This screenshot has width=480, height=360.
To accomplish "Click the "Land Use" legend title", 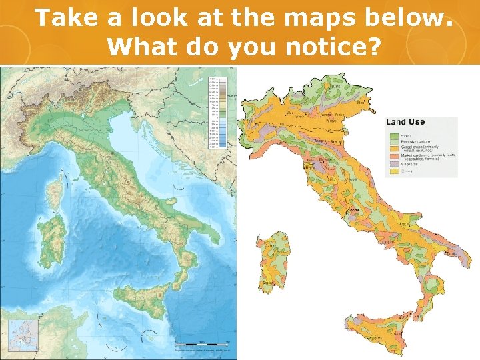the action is coord(405,122).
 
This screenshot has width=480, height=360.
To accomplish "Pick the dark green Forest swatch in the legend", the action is coord(394,133).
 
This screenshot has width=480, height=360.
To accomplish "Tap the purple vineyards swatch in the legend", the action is coord(394,165).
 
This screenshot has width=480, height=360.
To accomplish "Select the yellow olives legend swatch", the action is coord(394,171).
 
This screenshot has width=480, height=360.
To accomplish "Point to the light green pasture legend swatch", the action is coord(394,140).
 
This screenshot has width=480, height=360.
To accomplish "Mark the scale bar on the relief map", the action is coord(200,345).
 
